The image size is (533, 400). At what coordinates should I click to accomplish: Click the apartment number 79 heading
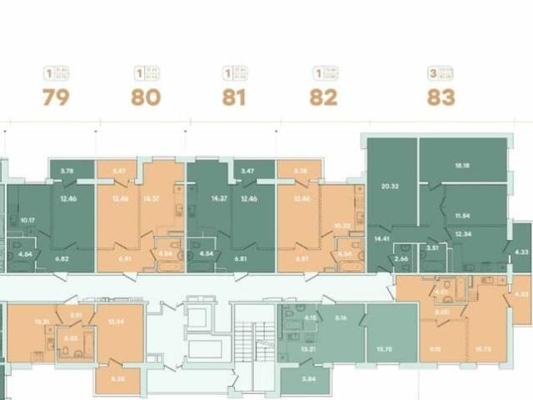(x=56, y=97)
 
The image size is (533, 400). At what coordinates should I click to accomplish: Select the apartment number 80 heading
(x=145, y=97)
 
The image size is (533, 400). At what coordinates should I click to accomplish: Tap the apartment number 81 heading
(x=234, y=97)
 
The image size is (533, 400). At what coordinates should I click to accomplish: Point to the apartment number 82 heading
(x=323, y=97)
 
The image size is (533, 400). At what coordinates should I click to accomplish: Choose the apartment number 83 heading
(x=441, y=97)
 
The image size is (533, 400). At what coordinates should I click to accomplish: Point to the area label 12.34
(x=463, y=234)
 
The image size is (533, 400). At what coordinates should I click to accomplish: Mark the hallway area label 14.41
(x=383, y=239)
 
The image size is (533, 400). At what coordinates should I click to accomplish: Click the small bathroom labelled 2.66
(x=401, y=259)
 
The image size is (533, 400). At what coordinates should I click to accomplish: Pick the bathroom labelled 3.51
(x=431, y=247)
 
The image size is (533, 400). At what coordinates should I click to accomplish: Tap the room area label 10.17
(x=27, y=220)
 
